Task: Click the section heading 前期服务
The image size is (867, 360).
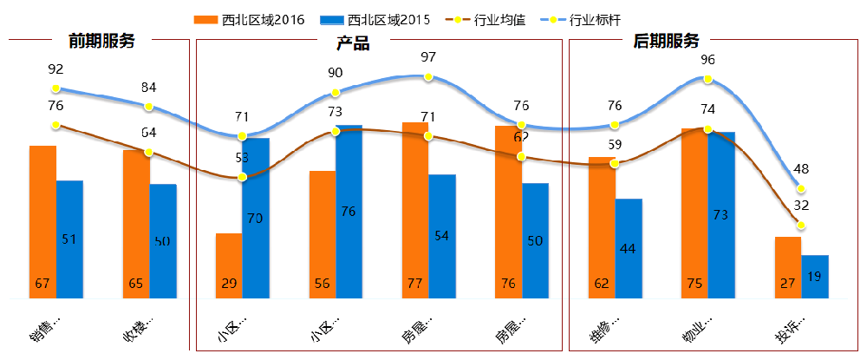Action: click(x=101, y=41)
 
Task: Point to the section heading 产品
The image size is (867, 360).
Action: click(x=353, y=43)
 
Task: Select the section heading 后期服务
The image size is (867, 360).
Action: click(x=666, y=41)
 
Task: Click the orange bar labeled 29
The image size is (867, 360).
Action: click(x=229, y=265)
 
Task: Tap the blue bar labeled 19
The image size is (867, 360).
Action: click(x=815, y=277)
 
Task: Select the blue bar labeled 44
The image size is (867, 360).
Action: click(x=629, y=249)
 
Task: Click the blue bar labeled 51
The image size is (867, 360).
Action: click(x=69, y=239)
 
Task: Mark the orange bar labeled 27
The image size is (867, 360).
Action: click(x=788, y=267)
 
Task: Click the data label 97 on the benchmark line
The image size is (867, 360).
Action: click(x=427, y=58)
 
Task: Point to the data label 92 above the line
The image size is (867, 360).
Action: click(x=56, y=69)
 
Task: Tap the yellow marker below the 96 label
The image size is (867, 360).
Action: click(x=707, y=79)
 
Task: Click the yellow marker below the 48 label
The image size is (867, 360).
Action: click(x=802, y=189)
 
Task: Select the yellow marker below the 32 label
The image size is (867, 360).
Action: click(x=802, y=226)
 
